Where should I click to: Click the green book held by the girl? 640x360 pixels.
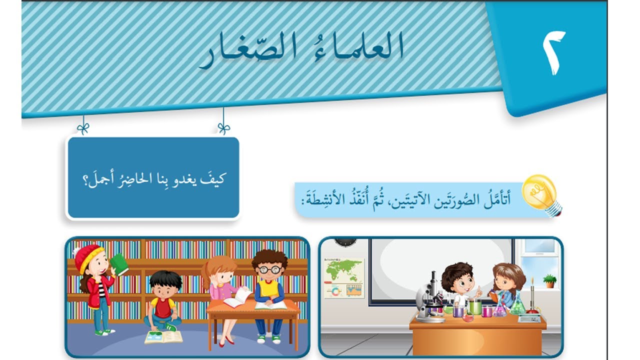(x=119, y=263)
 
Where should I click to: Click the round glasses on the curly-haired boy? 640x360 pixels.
(x=270, y=269)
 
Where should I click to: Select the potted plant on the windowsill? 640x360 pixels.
(x=549, y=280)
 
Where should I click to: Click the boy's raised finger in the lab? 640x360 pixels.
(x=477, y=289)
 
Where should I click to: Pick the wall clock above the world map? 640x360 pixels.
(x=345, y=241)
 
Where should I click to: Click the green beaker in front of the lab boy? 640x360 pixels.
(x=474, y=307)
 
